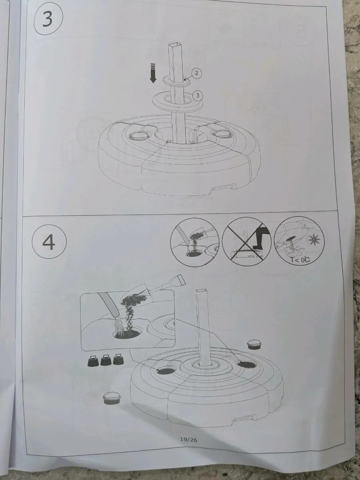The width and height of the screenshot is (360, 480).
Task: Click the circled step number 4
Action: pos(49,242)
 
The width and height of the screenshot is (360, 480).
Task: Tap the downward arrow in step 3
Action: pos(153,73)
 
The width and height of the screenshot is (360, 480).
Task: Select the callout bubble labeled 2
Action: pos(196,74)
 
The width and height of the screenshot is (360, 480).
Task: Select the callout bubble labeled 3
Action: pos(198,96)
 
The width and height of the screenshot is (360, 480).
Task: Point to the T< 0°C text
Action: pos(300,260)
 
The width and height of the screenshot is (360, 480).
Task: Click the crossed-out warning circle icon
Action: pos(247,242)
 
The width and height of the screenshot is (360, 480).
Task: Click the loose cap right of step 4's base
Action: pos(254,344)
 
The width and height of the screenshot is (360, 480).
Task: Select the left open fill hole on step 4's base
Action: pos(166,370)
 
